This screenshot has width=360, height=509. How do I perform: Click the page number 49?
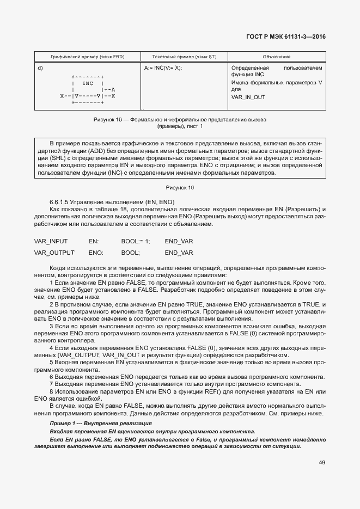point(322,463)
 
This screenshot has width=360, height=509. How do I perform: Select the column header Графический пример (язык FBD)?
point(87,57)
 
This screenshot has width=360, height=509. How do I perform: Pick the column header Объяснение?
point(276,57)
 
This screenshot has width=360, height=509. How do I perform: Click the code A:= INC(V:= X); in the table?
point(163,68)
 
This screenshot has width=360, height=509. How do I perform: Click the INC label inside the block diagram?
point(87,83)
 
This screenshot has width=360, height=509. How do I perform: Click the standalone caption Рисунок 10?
point(180,187)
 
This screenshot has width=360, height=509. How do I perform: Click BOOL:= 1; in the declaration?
point(136,241)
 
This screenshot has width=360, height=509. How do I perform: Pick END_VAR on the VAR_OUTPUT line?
point(179,253)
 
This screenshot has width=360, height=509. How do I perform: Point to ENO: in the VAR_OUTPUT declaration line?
point(96,253)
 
